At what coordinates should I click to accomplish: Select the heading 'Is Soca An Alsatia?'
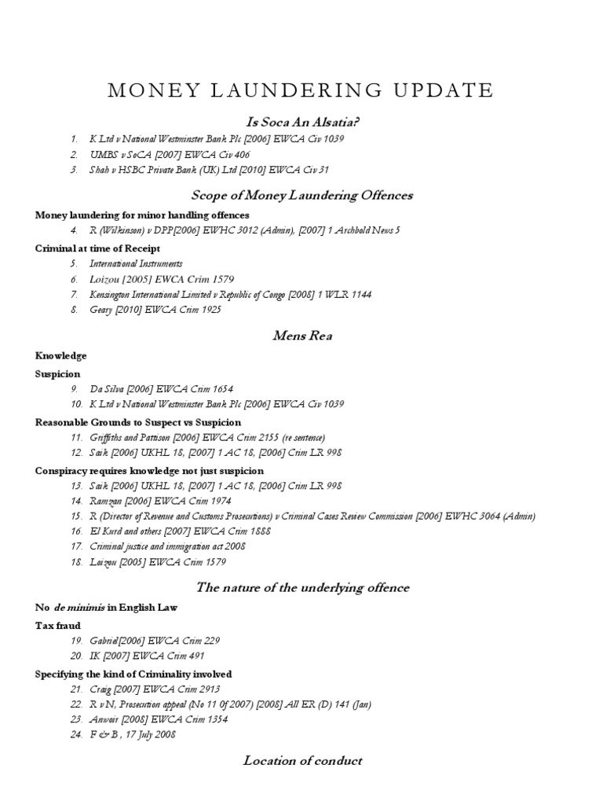pyautogui.click(x=302, y=122)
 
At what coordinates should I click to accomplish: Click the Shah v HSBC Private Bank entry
pyautogui.click(x=209, y=169)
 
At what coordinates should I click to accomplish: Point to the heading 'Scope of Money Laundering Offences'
pyautogui.click(x=302, y=195)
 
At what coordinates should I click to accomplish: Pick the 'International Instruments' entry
pyautogui.click(x=136, y=264)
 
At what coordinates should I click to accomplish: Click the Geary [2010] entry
pyautogui.click(x=155, y=310)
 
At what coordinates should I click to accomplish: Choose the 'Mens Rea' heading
pyautogui.click(x=302, y=336)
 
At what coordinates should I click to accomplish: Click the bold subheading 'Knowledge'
pyautogui.click(x=61, y=356)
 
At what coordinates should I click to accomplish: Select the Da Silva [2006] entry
pyautogui.click(x=161, y=388)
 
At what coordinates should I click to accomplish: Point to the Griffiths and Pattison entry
pyautogui.click(x=207, y=437)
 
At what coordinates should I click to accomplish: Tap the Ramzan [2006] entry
pyautogui.click(x=161, y=501)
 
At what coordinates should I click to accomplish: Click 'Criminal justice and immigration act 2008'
pyautogui.click(x=168, y=546)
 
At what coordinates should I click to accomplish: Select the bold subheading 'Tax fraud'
pyautogui.click(x=58, y=626)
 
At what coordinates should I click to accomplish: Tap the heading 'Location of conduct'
pyautogui.click(x=302, y=760)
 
